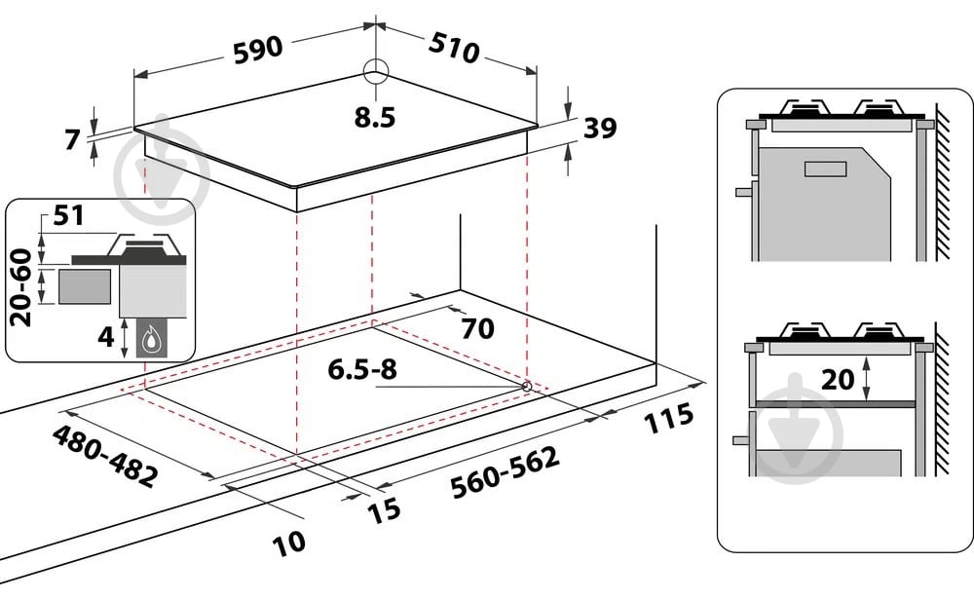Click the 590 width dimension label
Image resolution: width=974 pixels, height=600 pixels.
pyautogui.click(x=258, y=51)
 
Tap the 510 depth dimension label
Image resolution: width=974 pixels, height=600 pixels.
pyautogui.click(x=455, y=46)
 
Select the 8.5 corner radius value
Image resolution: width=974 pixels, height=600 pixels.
pyautogui.click(x=375, y=118)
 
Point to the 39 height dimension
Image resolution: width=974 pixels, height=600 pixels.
pyautogui.click(x=600, y=128)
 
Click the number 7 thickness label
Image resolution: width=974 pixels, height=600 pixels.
pyautogui.click(x=73, y=139)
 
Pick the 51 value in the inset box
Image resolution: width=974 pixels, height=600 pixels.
pyautogui.click(x=68, y=215)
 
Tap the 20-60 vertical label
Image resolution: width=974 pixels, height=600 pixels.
pyautogui.click(x=21, y=287)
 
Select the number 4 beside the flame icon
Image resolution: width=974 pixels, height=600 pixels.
pyautogui.click(x=106, y=337)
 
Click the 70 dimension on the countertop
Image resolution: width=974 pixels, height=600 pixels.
pyautogui.click(x=477, y=328)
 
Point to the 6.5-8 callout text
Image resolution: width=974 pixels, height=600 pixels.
pyautogui.click(x=362, y=369)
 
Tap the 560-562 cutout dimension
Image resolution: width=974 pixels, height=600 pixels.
pyautogui.click(x=505, y=471)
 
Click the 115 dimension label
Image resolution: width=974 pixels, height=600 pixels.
pyautogui.click(x=668, y=418)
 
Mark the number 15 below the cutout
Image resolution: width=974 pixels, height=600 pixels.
pyautogui.click(x=384, y=510)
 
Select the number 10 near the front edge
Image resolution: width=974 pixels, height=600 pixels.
pyautogui.click(x=289, y=543)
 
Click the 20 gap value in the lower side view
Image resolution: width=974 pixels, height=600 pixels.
pyautogui.click(x=838, y=379)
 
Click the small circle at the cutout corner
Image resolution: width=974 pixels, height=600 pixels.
pyautogui.click(x=527, y=387)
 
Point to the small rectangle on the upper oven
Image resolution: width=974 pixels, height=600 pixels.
pyautogui.click(x=826, y=169)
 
